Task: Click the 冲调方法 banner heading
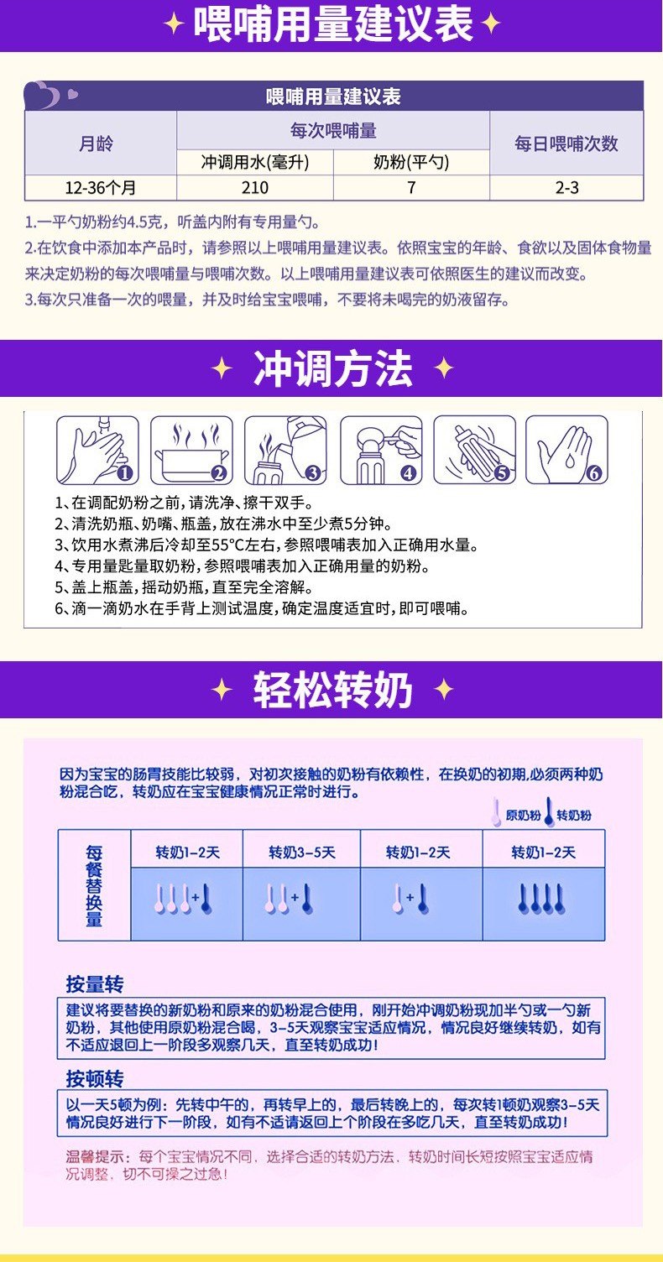click(x=332, y=369)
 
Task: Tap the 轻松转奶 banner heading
click(x=332, y=691)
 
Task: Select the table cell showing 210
click(x=254, y=187)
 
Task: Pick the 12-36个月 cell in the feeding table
click(x=100, y=187)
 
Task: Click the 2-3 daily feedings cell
click(x=566, y=187)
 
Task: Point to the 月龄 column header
click(x=100, y=143)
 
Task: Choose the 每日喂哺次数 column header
click(x=566, y=143)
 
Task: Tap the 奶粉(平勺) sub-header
click(x=410, y=163)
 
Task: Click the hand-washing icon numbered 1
click(x=97, y=451)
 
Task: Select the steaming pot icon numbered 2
click(x=191, y=451)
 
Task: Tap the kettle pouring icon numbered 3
click(x=285, y=451)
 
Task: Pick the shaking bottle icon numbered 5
click(x=474, y=451)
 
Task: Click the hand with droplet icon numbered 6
click(x=567, y=451)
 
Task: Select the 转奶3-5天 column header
click(x=301, y=853)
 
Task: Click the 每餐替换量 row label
click(x=94, y=885)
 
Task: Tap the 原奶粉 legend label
click(x=523, y=815)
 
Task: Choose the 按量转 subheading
click(x=95, y=983)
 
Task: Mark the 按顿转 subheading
click(x=95, y=1078)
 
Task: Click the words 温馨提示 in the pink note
click(x=96, y=1156)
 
